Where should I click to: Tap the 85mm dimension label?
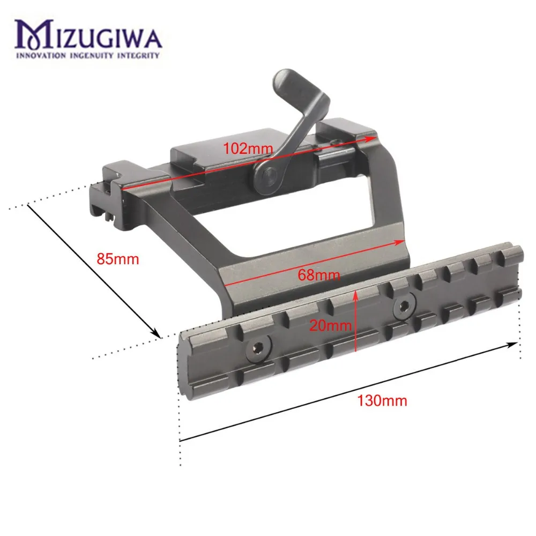click(x=118, y=259)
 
